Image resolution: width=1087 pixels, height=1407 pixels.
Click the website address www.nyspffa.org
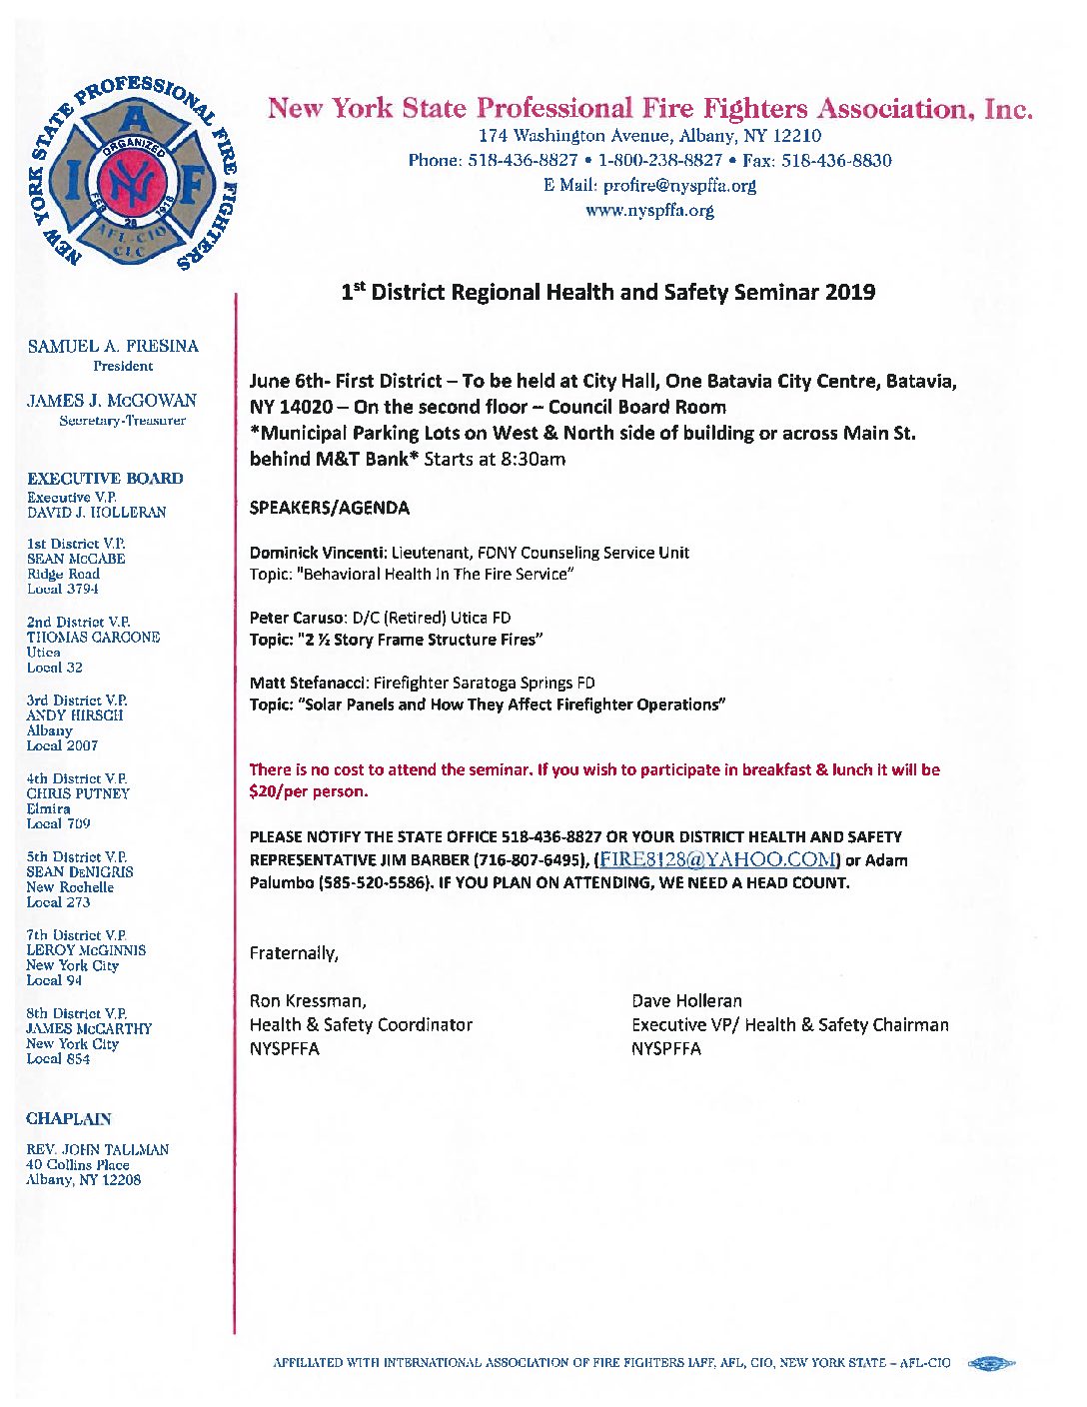click(649, 211)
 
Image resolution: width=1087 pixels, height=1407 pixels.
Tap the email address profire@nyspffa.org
click(679, 186)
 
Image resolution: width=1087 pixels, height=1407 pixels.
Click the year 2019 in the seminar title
click(850, 293)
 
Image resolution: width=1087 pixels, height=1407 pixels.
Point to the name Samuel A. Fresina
click(113, 346)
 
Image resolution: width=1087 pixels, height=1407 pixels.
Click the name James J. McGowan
click(112, 401)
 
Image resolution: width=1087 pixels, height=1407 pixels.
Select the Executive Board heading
click(105, 479)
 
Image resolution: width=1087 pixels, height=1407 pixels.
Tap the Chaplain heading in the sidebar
click(69, 1119)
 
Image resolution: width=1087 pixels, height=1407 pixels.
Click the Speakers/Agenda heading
click(329, 508)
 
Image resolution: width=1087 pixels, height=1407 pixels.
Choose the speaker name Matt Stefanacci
click(308, 684)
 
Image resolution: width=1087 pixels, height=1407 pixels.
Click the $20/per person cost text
click(308, 791)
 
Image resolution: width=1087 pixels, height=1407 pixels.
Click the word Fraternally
click(294, 953)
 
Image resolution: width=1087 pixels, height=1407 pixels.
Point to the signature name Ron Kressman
click(307, 1001)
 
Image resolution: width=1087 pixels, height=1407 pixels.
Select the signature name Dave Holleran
click(686, 1001)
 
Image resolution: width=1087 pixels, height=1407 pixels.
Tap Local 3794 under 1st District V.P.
click(63, 590)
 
